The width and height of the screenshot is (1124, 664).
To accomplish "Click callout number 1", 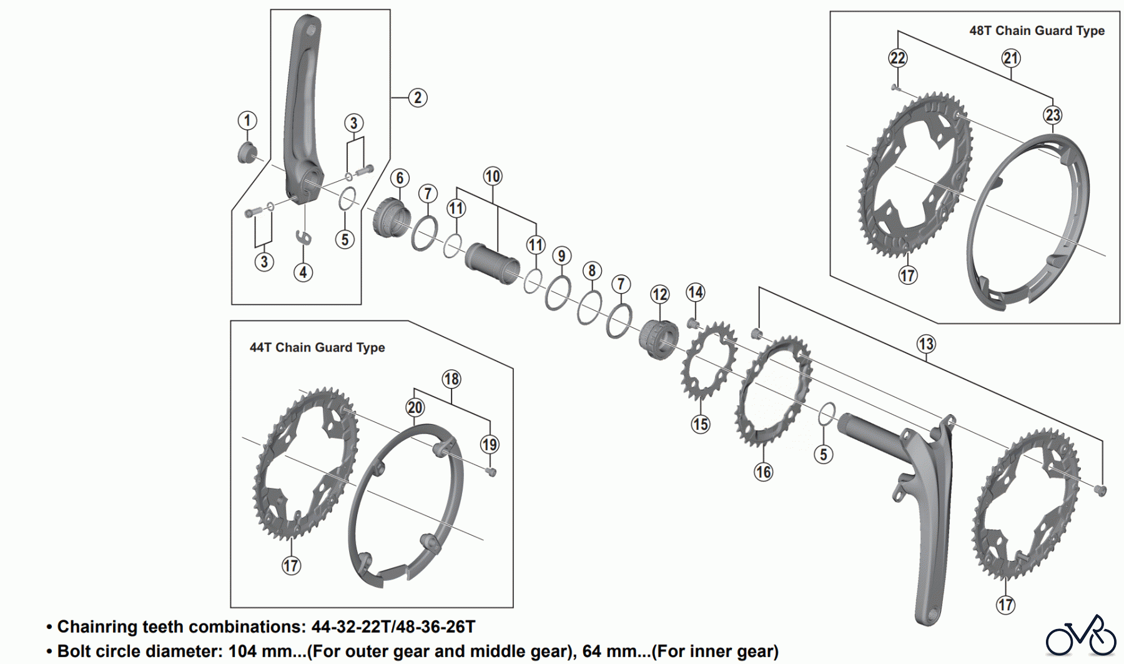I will tap(247, 121).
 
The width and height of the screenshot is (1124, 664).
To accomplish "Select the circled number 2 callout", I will tap(418, 97).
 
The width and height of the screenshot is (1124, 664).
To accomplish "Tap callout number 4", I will tap(303, 272).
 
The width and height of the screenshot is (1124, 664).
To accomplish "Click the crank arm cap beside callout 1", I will tap(247, 152).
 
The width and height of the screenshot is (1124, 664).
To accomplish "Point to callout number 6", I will tap(400, 178).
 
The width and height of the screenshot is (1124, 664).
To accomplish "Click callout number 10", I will tap(492, 176).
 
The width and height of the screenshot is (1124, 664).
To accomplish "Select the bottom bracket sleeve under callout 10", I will tap(492, 263).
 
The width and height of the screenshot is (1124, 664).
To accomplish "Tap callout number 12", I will tap(659, 294).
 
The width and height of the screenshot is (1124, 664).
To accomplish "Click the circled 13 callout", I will tap(925, 344).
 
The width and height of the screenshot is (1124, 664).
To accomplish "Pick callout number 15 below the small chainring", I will tap(700, 425).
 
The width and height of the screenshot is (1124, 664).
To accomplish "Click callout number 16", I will tap(763, 472).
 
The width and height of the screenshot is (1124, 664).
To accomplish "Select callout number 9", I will tap(561, 255).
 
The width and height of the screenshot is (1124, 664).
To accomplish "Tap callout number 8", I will tap(592, 270).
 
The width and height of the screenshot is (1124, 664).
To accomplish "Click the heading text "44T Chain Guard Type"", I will tap(317, 347).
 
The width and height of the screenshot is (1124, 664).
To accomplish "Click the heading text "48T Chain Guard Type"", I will tap(1037, 31).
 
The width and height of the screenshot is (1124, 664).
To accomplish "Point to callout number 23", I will tap(1053, 115).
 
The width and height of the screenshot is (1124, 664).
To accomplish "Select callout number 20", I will tap(415, 408).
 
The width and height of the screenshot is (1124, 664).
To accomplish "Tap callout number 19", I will tap(489, 445).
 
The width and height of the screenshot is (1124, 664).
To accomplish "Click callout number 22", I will tap(897, 58).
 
